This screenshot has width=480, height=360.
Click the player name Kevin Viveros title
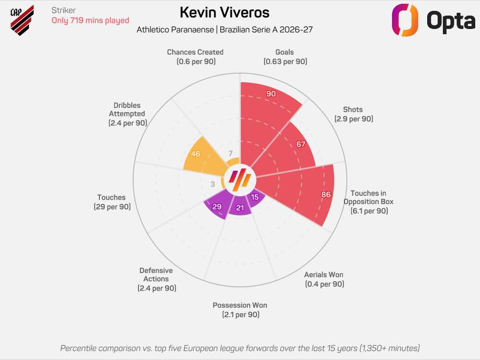(225, 12)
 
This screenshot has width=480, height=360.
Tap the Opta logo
(433, 21)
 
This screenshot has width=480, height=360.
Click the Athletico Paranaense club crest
(22, 20)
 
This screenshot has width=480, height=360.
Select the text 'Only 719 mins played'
(90, 20)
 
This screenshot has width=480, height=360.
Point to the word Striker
(63, 10)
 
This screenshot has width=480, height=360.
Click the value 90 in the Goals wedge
(271, 94)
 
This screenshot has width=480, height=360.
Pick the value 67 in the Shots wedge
(301, 145)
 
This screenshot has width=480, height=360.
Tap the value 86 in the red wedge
(326, 195)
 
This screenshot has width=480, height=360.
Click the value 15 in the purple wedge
(255, 197)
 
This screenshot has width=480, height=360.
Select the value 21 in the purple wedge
(240, 208)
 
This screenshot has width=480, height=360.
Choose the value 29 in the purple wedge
(217, 207)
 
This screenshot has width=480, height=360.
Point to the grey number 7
(230, 154)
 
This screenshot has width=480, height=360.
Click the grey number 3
(213, 184)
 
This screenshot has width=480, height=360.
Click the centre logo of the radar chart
(240, 180)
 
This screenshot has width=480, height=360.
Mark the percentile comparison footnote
(240, 348)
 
